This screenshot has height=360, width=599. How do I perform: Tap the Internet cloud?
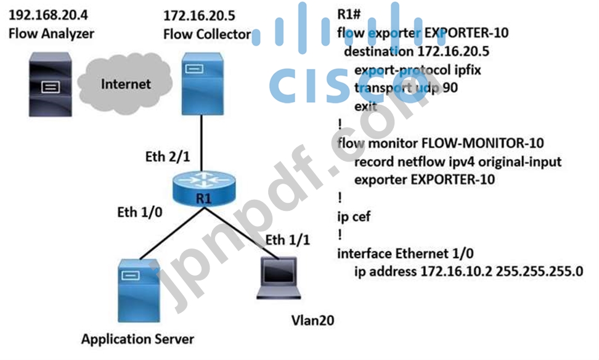(125, 84)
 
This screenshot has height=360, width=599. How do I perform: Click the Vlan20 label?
(314, 321)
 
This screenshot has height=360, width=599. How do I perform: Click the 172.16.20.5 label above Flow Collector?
(198, 14)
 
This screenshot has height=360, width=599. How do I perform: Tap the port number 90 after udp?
(449, 88)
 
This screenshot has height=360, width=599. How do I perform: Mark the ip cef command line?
(356, 216)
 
